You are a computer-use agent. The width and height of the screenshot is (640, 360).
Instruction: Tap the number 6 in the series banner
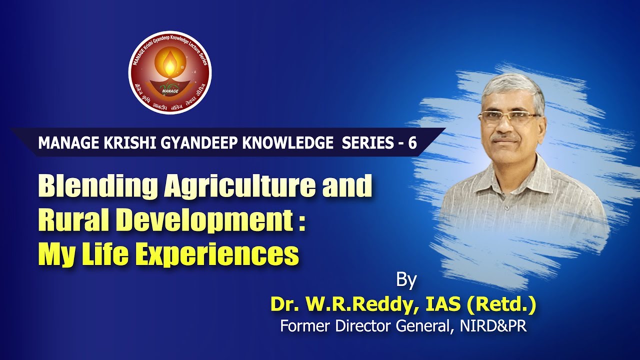point(412,143)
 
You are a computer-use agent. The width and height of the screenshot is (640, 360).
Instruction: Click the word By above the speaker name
point(406,280)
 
